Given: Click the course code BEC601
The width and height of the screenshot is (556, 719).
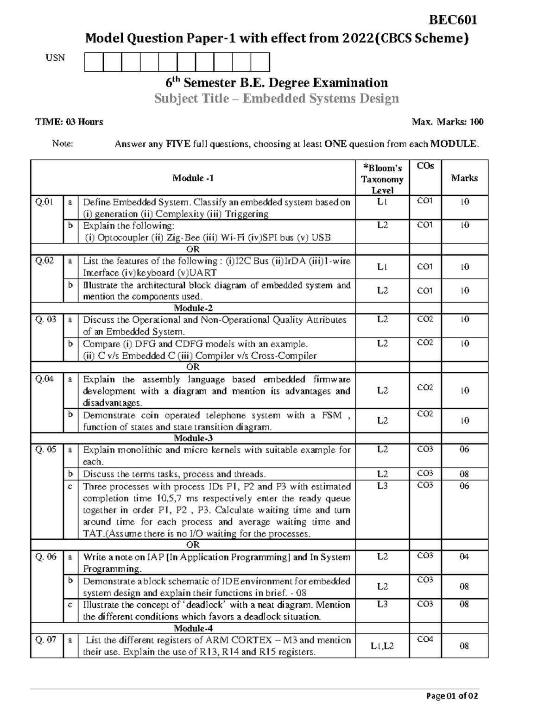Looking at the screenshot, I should pyautogui.click(x=453, y=20).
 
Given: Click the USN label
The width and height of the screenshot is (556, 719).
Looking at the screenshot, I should pyautogui.click(x=55, y=58).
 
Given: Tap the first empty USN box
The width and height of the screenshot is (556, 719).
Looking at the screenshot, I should pyautogui.click(x=94, y=62).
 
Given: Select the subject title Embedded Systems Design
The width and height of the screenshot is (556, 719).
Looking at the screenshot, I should pyautogui.click(x=276, y=99).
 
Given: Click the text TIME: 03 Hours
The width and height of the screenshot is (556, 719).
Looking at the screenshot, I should pyautogui.click(x=69, y=122).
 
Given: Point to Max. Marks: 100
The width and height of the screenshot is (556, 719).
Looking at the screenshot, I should pyautogui.click(x=447, y=122).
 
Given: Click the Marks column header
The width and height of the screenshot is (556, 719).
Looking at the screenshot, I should pyautogui.click(x=464, y=178).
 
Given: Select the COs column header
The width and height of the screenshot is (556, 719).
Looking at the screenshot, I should pyautogui.click(x=425, y=166).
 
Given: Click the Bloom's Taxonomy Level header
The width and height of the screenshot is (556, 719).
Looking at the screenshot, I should pyautogui.click(x=382, y=179).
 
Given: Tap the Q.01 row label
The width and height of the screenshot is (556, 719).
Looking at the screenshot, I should pyautogui.click(x=44, y=202).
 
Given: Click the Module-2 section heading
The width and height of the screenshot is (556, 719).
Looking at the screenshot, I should pyautogui.click(x=193, y=308).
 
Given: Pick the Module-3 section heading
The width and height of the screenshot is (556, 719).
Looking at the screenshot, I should pyautogui.click(x=193, y=438).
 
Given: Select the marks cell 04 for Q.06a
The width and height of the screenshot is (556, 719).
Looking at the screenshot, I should pyautogui.click(x=464, y=556).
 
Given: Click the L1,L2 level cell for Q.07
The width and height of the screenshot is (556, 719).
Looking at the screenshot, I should pyautogui.click(x=382, y=645).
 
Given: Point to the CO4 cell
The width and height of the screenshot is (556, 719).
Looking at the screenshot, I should pyautogui.click(x=425, y=639).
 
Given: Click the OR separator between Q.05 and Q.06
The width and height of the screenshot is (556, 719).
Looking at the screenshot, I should pyautogui.click(x=193, y=544).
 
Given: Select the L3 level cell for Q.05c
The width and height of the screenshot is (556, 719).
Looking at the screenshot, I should pyautogui.click(x=382, y=486).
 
